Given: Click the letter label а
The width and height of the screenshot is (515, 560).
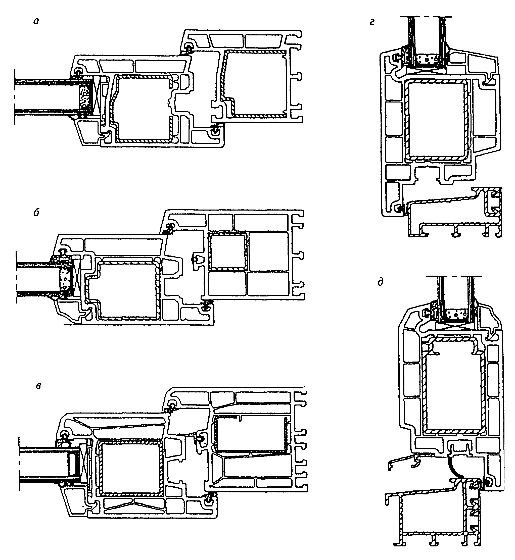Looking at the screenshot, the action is point(35,21).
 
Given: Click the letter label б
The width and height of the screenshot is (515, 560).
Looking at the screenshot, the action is point(36,213).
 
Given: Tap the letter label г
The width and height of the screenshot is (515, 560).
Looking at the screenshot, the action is point(372,22).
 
